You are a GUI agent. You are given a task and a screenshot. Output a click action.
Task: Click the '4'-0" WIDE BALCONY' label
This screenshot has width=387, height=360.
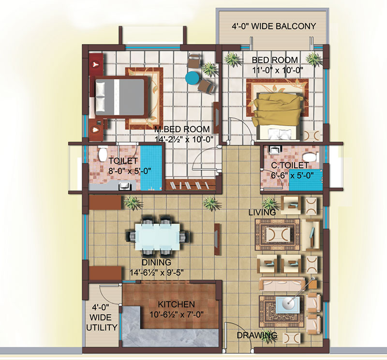tap(274, 26)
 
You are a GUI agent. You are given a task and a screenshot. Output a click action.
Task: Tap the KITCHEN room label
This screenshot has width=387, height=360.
tap(176, 304)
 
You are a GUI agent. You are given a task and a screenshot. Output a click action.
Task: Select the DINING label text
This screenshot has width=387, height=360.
tap(156, 262)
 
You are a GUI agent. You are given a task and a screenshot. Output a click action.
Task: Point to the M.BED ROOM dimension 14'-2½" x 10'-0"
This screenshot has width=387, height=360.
tap(184, 139)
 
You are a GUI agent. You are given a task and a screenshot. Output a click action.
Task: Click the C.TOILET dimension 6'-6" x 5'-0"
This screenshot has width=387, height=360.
tap(292, 176)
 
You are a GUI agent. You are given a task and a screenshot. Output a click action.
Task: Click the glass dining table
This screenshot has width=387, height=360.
tap(158, 237)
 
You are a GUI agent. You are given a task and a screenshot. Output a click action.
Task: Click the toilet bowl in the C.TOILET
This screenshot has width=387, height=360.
tap(310, 157)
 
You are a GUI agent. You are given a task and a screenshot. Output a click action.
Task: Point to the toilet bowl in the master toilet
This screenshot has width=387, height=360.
tap(102, 154)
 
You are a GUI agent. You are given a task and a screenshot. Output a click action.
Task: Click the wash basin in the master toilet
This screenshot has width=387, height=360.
tap(125, 186)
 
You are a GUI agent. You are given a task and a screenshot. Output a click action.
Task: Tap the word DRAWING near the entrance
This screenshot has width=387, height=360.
tap(257, 335)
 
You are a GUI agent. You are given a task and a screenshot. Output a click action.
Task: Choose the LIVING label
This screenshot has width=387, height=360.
tap(262, 212)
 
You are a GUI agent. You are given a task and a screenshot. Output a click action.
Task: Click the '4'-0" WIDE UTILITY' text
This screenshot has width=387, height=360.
tap(101, 317)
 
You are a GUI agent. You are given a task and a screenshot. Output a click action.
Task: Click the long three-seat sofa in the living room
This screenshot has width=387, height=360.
tap(282, 284)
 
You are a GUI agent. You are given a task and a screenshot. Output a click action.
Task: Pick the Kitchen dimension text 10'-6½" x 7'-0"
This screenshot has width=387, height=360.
tap(177, 315)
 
